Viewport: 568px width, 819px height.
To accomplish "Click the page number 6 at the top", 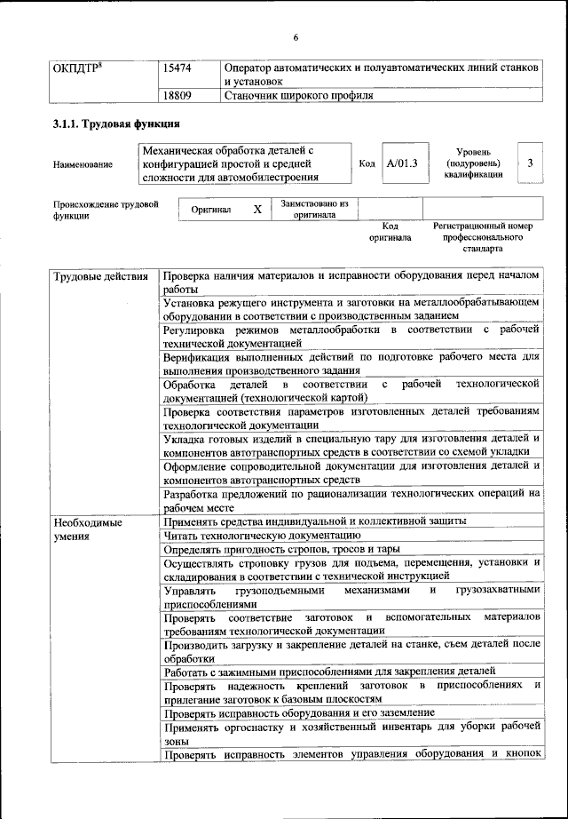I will click(x=296, y=36).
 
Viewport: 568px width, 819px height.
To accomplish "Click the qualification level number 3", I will click(x=530, y=163).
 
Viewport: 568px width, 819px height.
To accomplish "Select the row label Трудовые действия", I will click(x=100, y=276).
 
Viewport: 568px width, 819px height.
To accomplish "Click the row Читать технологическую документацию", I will click(x=262, y=536).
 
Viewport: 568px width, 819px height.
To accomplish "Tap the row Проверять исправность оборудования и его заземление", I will click(x=299, y=712).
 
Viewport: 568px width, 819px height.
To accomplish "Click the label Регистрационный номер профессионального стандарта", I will click(x=482, y=237).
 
